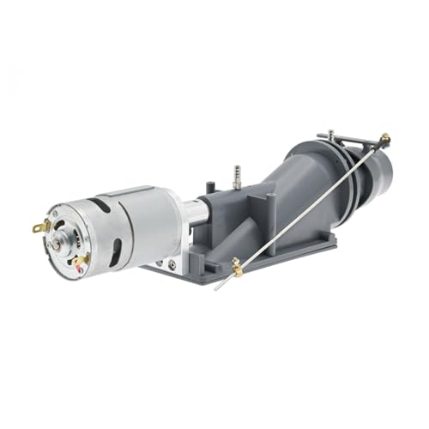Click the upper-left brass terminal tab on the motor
click(x=39, y=227)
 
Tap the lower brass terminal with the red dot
click(x=80, y=259)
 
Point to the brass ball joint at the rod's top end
click(x=384, y=138)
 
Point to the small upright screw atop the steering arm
click(x=330, y=134)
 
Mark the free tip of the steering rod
click(x=216, y=288)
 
